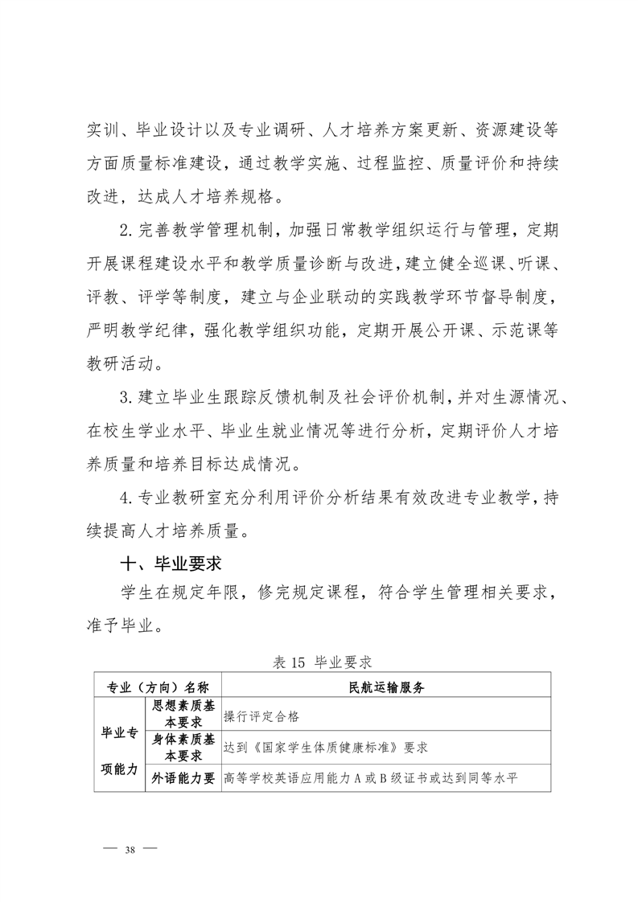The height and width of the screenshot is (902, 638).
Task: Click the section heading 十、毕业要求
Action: [x=168, y=560]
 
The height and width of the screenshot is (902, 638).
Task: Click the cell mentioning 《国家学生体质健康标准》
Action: [x=326, y=747]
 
